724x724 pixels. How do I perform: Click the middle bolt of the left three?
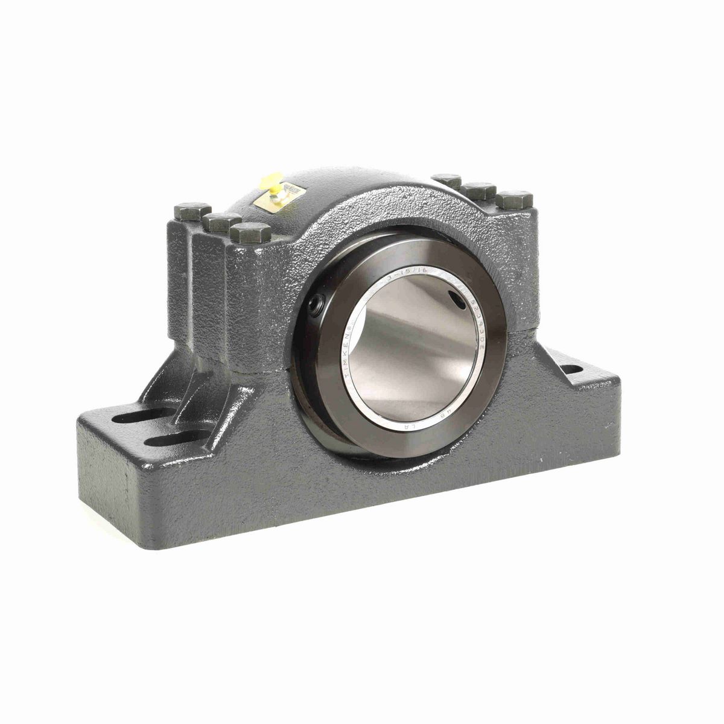pyautogui.click(x=221, y=221)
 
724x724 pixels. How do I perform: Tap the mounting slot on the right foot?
pyautogui.click(x=573, y=369)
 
